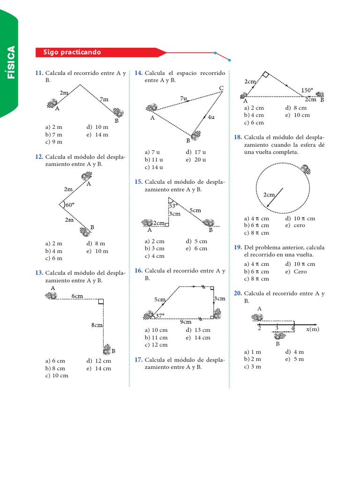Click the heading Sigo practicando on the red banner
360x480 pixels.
click(72, 52)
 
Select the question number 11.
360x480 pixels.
click(39, 73)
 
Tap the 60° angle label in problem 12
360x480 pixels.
click(70, 205)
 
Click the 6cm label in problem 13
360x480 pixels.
click(77, 296)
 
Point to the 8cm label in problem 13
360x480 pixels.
click(97, 325)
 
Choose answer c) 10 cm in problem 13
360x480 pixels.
click(57, 375)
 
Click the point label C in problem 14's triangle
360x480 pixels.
click(221, 88)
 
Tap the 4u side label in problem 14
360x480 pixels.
click(210, 117)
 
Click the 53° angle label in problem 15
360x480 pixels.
click(172, 205)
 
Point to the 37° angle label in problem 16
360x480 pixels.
click(160, 315)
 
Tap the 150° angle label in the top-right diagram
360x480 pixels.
click(307, 90)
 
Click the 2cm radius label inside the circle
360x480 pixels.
click(269, 195)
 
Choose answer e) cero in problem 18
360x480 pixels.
click(295, 225)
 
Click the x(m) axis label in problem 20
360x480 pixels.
click(313, 329)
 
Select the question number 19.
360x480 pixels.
click(237, 247)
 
